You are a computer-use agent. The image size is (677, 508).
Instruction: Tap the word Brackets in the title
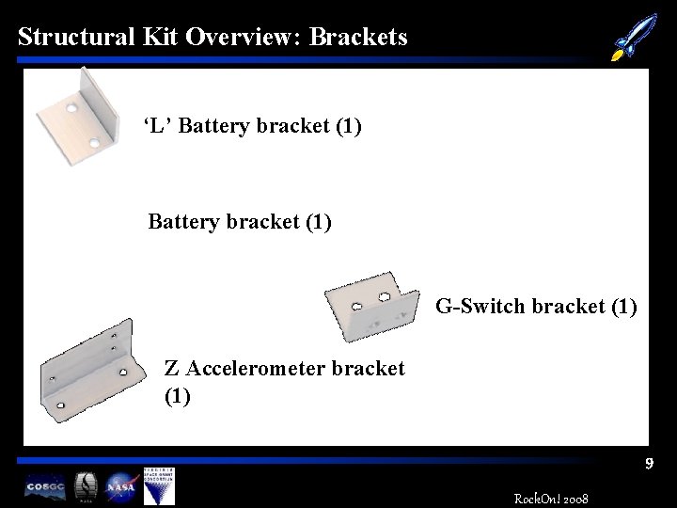click(x=358, y=37)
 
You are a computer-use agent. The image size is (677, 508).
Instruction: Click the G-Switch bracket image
click(x=371, y=305)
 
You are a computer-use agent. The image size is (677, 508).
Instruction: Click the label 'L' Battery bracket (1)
click(x=252, y=125)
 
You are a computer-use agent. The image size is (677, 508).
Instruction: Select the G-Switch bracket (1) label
click(x=536, y=307)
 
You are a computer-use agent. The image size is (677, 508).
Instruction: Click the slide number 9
click(x=649, y=464)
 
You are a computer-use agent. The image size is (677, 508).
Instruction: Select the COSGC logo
click(x=45, y=486)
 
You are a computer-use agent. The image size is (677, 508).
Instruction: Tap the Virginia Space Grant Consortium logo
click(x=158, y=485)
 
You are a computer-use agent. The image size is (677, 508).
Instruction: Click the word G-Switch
click(x=480, y=307)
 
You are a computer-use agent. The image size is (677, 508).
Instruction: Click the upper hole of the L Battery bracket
click(x=71, y=108)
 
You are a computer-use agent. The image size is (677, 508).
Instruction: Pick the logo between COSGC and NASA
click(x=85, y=485)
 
